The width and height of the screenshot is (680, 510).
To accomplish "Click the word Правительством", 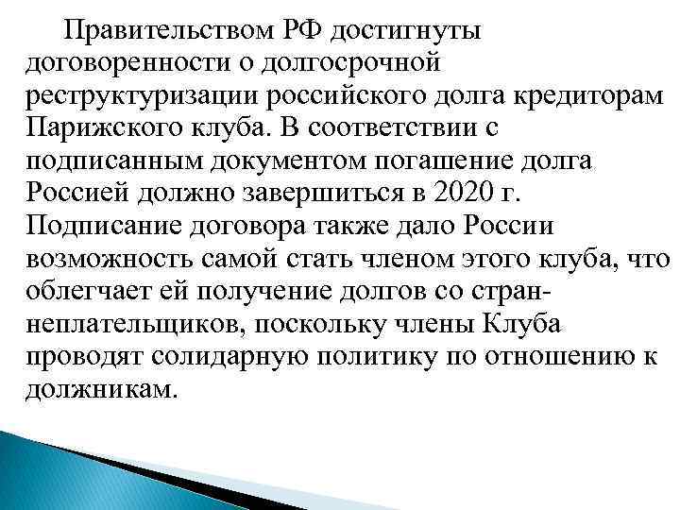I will [x=157, y=31].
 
